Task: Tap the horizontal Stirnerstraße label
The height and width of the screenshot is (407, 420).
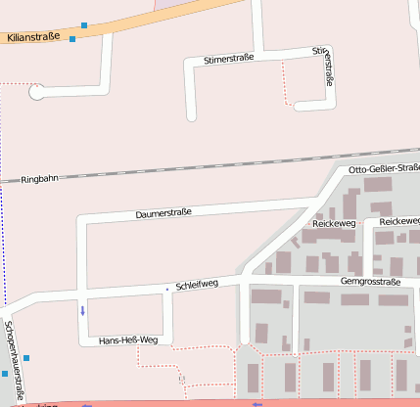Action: (228, 60)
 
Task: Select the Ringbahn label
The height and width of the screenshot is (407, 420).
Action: (40, 180)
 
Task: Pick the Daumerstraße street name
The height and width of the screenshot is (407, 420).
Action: (163, 212)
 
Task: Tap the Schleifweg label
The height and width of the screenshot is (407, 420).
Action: (196, 286)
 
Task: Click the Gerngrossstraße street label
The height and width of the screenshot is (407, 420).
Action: (370, 282)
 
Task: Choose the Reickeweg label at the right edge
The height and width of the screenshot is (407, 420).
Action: (399, 222)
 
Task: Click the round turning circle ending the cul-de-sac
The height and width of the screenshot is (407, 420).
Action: (37, 93)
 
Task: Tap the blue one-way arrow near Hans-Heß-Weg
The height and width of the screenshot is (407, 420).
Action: (82, 311)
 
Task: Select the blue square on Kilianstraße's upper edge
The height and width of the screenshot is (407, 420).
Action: (85, 24)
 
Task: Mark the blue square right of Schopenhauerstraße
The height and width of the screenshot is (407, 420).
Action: (26, 358)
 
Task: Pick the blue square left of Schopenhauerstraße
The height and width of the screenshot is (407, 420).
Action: (4, 373)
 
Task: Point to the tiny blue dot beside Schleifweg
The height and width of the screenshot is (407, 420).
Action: (167, 289)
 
